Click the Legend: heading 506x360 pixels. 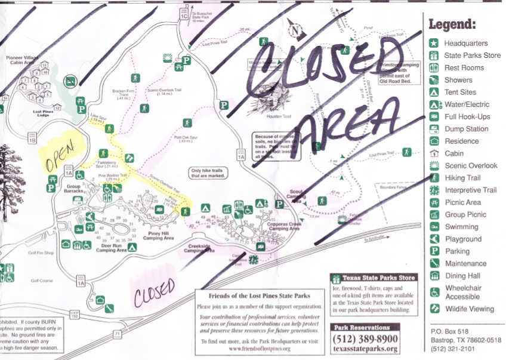coord(452,24)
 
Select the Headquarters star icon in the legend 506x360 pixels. coord(434,43)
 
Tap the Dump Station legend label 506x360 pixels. coord(466,129)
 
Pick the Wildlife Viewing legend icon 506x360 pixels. coord(434,309)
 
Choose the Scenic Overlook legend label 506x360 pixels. coord(470,165)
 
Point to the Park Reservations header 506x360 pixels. coord(365,327)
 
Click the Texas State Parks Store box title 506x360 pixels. coord(375,278)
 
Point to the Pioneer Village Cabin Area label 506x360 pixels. coord(21,60)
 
